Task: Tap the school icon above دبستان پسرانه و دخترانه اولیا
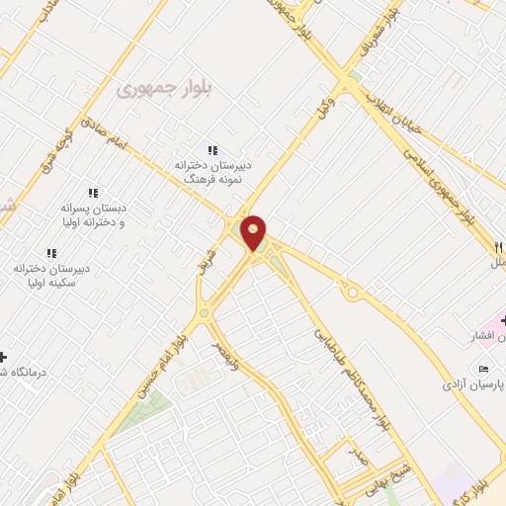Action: coord(93,192)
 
